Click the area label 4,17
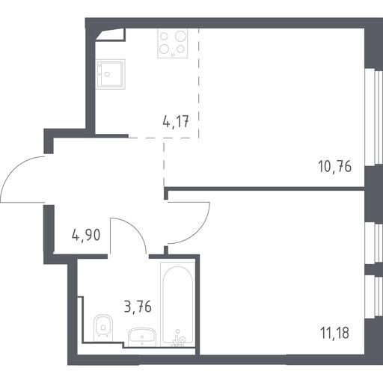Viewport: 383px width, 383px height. tap(176, 122)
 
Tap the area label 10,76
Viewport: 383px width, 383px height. tap(335, 166)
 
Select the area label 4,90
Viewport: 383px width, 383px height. tap(86, 235)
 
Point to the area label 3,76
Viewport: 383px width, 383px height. tap(138, 307)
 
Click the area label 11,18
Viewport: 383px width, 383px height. tap(335, 333)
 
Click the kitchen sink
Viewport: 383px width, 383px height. tap(110, 74)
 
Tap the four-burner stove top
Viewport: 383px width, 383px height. tap(173, 43)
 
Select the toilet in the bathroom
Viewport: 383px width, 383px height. tap(103, 328)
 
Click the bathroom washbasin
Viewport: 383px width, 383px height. tap(142, 337)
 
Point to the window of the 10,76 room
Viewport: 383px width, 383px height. tap(374, 117)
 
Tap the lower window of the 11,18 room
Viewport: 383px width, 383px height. tap(374, 297)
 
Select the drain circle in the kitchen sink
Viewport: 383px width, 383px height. tap(107, 74)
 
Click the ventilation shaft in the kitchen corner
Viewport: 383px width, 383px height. tap(111, 34)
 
